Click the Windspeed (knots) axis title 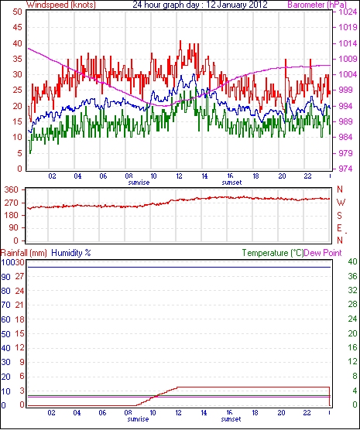(x=61, y=5)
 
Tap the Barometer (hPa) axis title (x=317, y=5)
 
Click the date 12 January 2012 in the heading (x=237, y=5)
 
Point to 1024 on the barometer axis (x=347, y=12)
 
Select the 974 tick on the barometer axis (x=345, y=169)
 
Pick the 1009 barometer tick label (x=347, y=59)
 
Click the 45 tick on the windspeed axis (x=17, y=27)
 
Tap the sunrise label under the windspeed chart (x=139, y=183)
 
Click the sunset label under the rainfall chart (x=231, y=419)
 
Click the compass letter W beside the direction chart (x=341, y=203)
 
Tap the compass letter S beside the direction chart (x=340, y=216)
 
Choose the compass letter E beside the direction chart (x=339, y=228)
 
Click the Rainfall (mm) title (x=24, y=253)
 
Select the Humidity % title (x=71, y=253)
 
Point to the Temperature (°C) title (x=273, y=253)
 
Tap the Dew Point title (x=323, y=253)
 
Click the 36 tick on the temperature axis (x=352, y=276)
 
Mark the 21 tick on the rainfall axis (x=19, y=305)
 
